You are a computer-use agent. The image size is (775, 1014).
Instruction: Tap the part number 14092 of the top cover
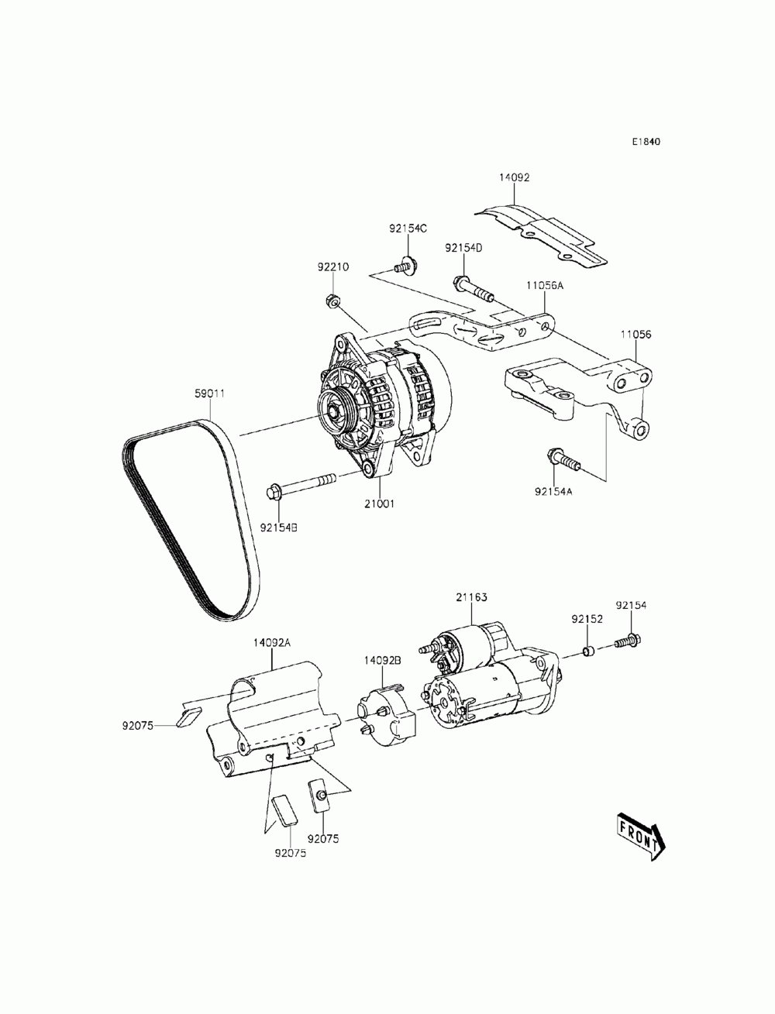[x=514, y=177]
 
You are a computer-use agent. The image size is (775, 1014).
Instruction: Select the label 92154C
[x=408, y=229]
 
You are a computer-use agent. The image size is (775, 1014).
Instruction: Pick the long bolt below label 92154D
[x=470, y=289]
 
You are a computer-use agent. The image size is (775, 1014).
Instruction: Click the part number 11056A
[x=546, y=286]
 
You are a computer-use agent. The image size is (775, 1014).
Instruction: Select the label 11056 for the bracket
[x=635, y=335]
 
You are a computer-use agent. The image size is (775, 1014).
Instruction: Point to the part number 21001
[x=380, y=504]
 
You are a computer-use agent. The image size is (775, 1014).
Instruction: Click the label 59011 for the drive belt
[x=209, y=393]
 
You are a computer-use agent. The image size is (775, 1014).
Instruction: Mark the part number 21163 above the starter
[x=471, y=597]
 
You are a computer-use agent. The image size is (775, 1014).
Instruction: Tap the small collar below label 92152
[x=588, y=650]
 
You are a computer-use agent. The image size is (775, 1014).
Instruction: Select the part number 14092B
[x=383, y=660]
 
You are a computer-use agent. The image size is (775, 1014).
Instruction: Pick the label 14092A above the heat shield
[x=271, y=642]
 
